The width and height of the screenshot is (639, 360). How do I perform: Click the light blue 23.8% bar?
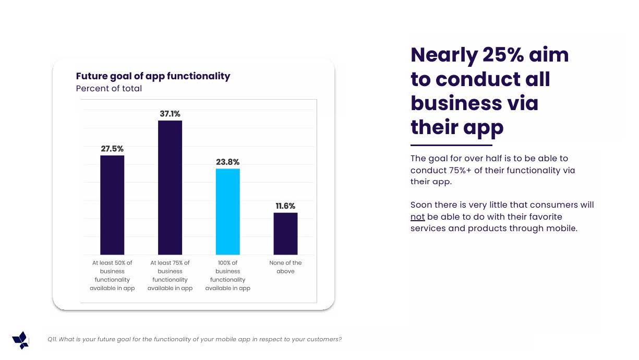point(228,211)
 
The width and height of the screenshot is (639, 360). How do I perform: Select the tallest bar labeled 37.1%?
point(170,187)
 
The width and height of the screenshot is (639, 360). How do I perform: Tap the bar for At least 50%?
point(112,205)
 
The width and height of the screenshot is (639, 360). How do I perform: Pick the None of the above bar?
point(285,233)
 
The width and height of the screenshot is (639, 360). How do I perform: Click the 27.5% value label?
point(112,149)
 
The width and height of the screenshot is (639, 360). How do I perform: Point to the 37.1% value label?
point(170,114)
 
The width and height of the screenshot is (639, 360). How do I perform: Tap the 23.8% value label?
point(228,162)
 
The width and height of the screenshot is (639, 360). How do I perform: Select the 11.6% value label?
point(285,206)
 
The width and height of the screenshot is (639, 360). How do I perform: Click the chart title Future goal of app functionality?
point(153,76)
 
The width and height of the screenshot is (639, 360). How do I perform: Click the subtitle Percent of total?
point(109,89)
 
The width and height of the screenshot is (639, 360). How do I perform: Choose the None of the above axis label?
point(285,267)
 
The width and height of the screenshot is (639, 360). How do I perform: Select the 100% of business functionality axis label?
point(228,275)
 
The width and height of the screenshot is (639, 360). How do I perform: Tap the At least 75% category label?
point(170,275)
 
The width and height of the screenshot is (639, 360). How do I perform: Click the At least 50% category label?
point(112,275)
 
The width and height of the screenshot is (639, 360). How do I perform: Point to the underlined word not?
point(417,217)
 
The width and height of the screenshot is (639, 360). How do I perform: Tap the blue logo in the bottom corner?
point(21,340)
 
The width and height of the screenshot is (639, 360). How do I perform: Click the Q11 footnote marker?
point(52,340)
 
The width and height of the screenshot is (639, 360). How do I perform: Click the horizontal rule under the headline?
point(451,145)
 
